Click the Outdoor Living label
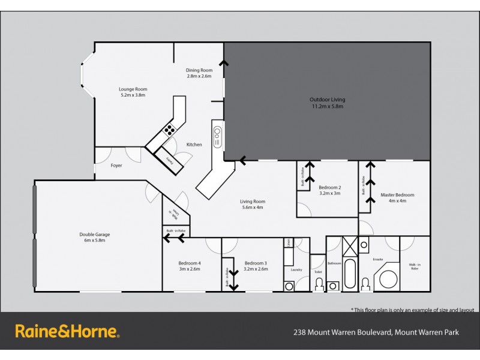click(x=327, y=100)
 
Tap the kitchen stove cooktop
click(x=170, y=128)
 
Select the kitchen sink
click(x=217, y=136)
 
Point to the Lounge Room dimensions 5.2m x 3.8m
click(x=133, y=95)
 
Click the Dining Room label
click(x=199, y=70)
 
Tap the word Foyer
click(x=116, y=165)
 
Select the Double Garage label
click(x=95, y=235)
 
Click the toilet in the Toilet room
click(x=318, y=284)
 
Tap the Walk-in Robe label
click(x=415, y=266)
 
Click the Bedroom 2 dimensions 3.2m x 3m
click(x=329, y=193)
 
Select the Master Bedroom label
click(x=397, y=194)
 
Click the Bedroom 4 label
click(x=189, y=263)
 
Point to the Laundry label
click(x=296, y=269)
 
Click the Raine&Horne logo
click(x=67, y=331)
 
